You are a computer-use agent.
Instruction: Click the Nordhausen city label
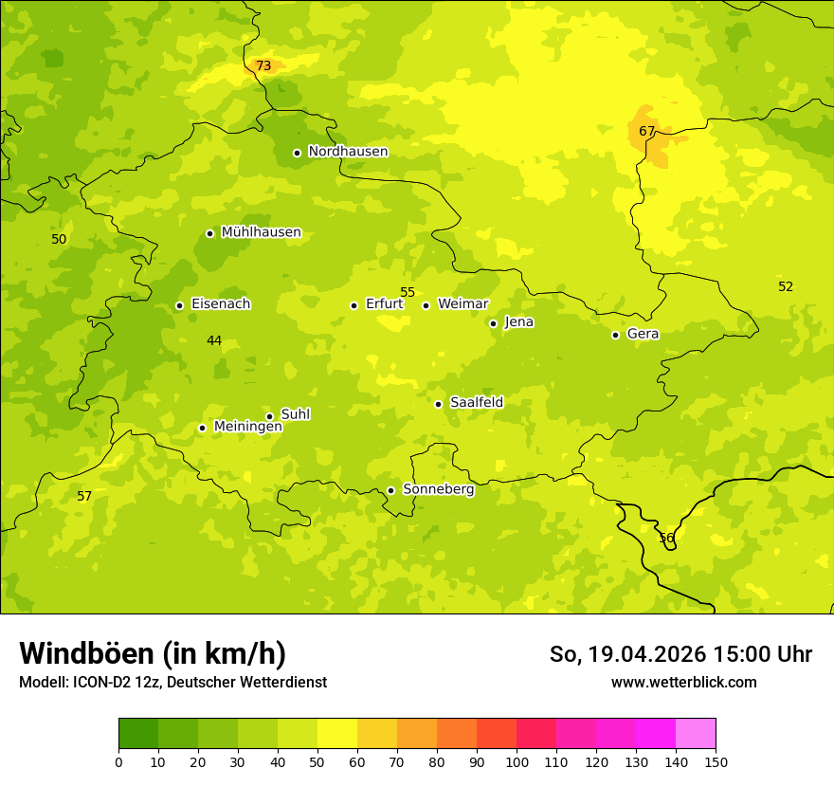pyautogui.click(x=348, y=152)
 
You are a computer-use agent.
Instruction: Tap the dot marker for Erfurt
pyautogui.click(x=354, y=305)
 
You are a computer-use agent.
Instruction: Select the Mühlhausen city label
pyautogui.click(x=261, y=232)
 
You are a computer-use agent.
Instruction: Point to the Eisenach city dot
pyautogui.click(x=179, y=305)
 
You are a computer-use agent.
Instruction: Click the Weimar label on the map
pyautogui.click(x=462, y=304)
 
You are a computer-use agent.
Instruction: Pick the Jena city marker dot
pyautogui.click(x=493, y=323)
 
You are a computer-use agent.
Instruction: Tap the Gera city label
pyautogui.click(x=643, y=334)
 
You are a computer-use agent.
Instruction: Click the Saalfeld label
pyautogui.click(x=477, y=403)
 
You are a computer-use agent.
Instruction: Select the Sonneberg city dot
pyautogui.click(x=390, y=490)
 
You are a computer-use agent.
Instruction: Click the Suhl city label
pyautogui.click(x=296, y=414)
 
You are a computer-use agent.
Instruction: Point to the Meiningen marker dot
pyautogui.click(x=202, y=428)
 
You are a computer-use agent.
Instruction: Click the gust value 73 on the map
pyautogui.click(x=263, y=65)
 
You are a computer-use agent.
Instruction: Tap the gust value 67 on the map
pyautogui.click(x=646, y=131)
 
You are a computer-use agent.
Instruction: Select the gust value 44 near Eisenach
pyautogui.click(x=214, y=340)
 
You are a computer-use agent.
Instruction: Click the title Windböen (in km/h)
pyautogui.click(x=153, y=653)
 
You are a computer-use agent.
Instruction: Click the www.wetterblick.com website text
pyautogui.click(x=683, y=682)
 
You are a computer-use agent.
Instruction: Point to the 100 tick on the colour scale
pyautogui.click(x=517, y=761)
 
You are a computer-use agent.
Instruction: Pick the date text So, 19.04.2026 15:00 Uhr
pyautogui.click(x=680, y=654)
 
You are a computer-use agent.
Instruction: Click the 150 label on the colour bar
pyautogui.click(x=716, y=761)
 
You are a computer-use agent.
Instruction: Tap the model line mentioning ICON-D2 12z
pyautogui.click(x=172, y=682)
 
